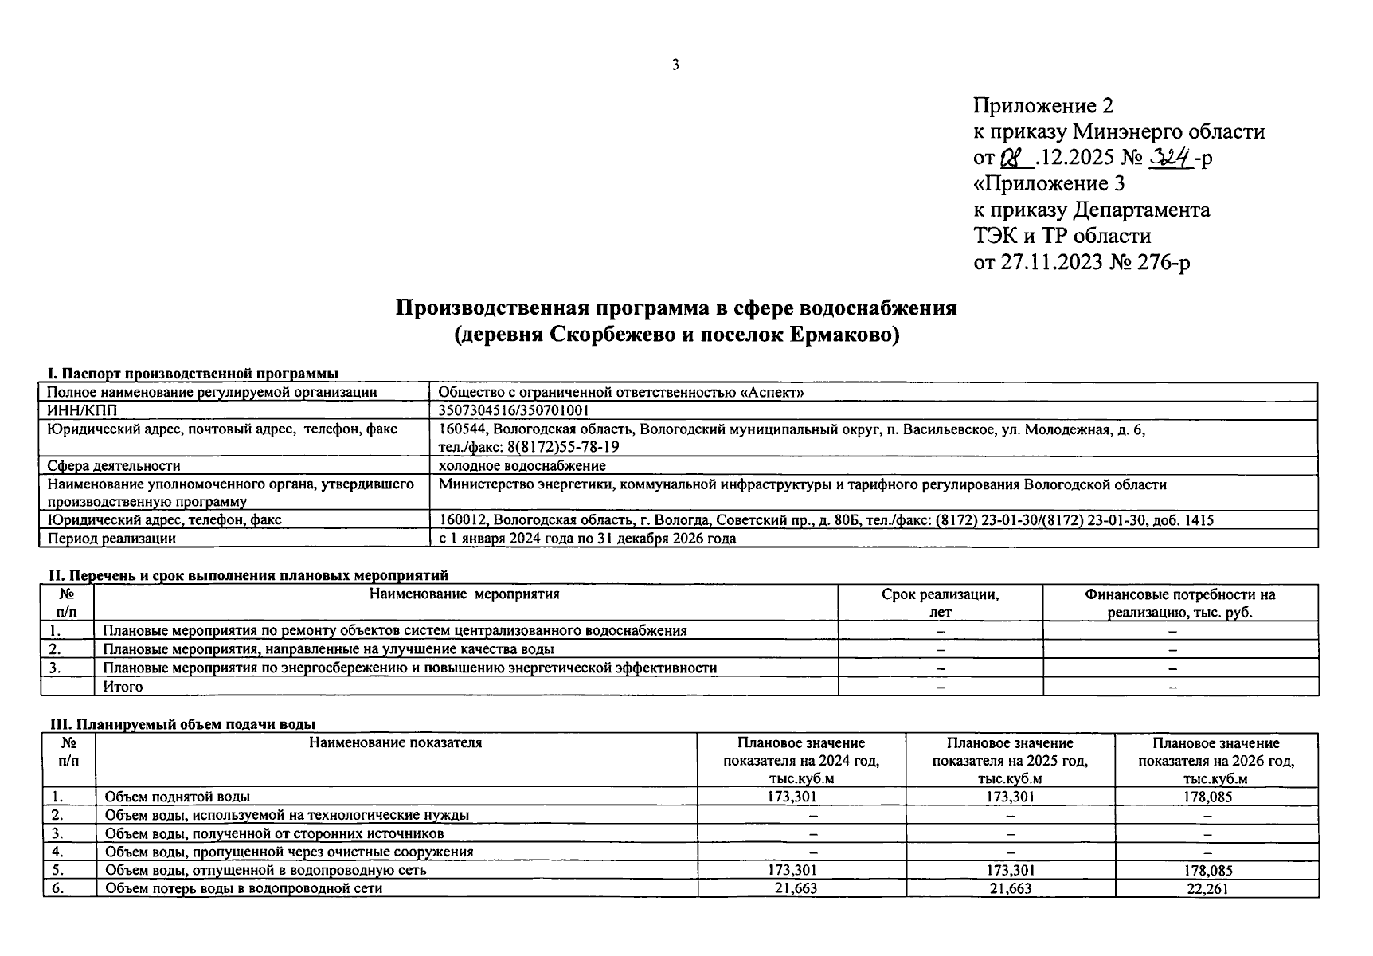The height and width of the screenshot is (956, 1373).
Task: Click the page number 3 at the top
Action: click(x=675, y=65)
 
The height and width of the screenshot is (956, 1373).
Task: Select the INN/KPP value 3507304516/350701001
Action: click(x=514, y=410)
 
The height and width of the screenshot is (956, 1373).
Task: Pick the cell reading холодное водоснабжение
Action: click(x=522, y=466)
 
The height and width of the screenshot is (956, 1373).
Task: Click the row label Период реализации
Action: click(x=111, y=539)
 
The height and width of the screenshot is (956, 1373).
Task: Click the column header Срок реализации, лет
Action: click(x=940, y=603)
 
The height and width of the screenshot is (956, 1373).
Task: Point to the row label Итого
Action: click(x=123, y=687)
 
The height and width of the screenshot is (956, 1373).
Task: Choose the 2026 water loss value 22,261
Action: click(x=1207, y=888)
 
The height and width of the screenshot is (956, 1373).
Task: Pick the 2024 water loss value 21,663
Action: click(x=796, y=888)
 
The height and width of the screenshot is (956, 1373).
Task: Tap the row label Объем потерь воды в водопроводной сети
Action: click(x=244, y=888)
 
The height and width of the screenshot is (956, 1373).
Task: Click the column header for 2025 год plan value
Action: click(x=1010, y=761)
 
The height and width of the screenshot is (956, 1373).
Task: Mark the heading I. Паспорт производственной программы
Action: click(x=193, y=374)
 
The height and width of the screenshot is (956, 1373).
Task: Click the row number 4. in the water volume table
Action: click(x=57, y=852)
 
